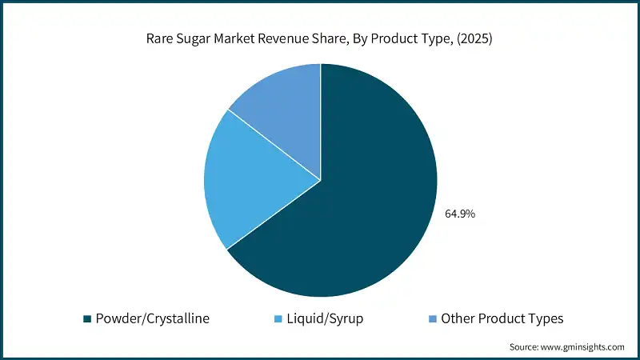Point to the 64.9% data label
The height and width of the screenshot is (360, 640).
(x=461, y=214)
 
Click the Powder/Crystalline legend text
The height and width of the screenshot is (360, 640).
(x=152, y=318)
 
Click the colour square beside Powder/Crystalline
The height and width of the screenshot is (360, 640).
(x=87, y=319)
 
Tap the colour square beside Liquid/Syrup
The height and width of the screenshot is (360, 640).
(x=277, y=319)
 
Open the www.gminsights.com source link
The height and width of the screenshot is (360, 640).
(x=584, y=346)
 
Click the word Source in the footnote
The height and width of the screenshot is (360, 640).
(x=525, y=346)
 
